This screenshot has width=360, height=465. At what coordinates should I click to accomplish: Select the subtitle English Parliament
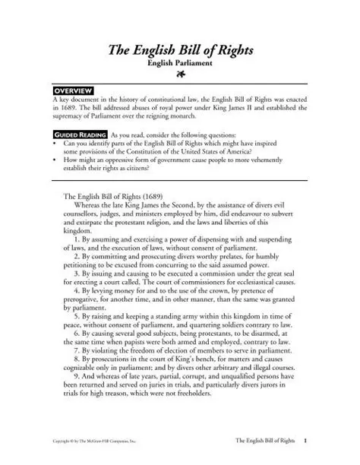tap(179, 66)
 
